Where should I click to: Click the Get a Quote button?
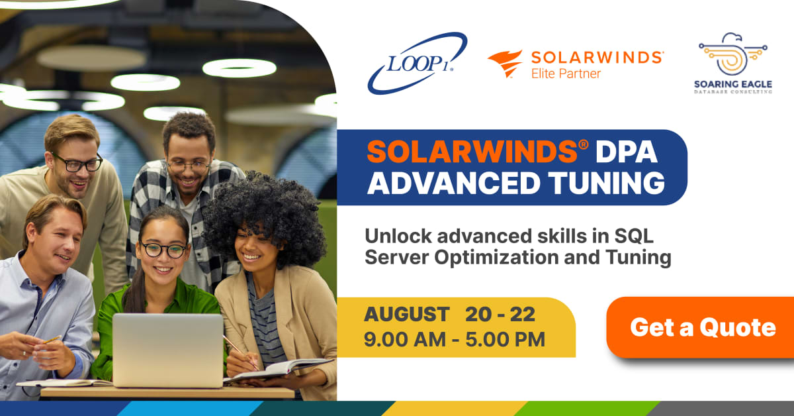(703, 327)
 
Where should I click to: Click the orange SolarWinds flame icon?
(505, 64)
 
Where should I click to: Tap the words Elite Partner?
(566, 74)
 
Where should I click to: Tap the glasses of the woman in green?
(163, 250)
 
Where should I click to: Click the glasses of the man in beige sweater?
(77, 162)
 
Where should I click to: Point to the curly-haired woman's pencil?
(240, 351)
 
